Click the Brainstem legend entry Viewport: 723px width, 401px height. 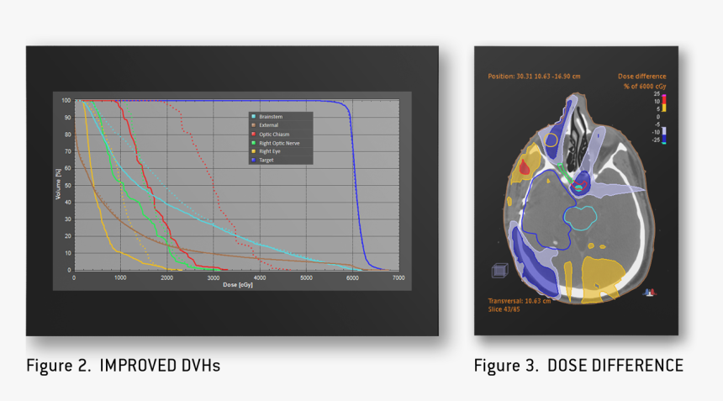click(270, 116)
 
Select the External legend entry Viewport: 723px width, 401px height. click(269, 124)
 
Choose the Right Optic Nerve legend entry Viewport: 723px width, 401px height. click(278, 142)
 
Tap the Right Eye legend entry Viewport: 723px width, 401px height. click(270, 150)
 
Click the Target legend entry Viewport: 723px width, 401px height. click(267, 159)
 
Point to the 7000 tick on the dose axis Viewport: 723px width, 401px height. click(398, 277)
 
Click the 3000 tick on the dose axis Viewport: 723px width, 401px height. click(214, 277)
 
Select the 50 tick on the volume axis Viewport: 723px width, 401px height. click(66, 185)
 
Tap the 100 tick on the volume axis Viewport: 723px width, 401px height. click(66, 100)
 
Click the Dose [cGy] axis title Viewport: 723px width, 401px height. click(236, 284)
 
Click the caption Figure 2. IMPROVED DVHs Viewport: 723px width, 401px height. click(124, 366)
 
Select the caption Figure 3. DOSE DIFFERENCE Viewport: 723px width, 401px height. click(578, 366)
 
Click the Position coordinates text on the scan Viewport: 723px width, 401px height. click(527, 76)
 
